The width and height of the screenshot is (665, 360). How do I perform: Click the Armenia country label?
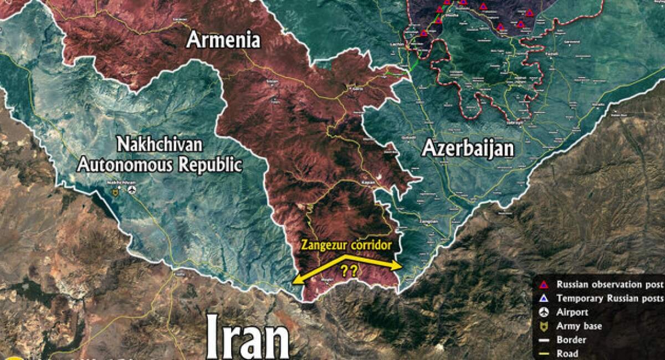tap(223, 40)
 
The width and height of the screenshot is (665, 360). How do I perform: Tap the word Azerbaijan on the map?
tap(468, 148)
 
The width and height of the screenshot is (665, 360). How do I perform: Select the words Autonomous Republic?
tap(160, 164)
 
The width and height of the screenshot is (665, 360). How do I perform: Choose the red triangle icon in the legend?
tap(544, 285)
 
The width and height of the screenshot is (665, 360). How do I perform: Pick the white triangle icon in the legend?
tap(544, 299)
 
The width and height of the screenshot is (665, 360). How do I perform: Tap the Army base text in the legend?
tap(579, 326)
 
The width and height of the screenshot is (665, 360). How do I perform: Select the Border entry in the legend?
tap(571, 340)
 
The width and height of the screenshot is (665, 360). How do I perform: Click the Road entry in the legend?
tap(568, 353)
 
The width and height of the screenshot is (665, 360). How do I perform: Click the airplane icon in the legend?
tap(544, 312)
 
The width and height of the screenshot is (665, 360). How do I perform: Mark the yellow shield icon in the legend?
tap(544, 326)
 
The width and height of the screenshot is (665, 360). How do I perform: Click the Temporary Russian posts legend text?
tap(610, 299)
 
